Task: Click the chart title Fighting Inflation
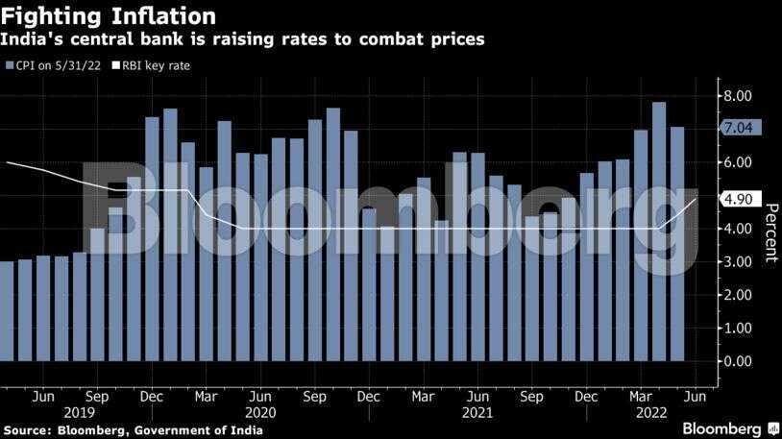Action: [x=108, y=16]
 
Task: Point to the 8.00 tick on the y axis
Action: [x=738, y=96]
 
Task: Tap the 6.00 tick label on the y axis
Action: [x=738, y=162]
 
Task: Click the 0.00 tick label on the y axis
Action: [x=738, y=361]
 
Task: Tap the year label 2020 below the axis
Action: [x=260, y=412]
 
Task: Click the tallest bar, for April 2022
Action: [x=659, y=231]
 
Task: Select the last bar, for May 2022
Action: [x=677, y=244]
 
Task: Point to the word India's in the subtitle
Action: [x=33, y=40]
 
